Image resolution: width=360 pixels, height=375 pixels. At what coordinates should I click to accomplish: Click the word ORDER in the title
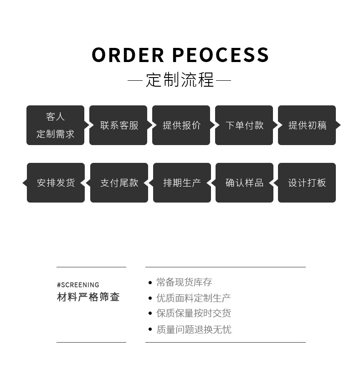(x=128, y=55)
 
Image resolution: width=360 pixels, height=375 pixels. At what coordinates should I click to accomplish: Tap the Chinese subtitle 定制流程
(x=180, y=80)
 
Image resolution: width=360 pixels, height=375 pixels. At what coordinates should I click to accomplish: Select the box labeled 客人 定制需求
(x=55, y=125)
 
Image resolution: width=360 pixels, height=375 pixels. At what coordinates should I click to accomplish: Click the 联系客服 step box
(x=118, y=125)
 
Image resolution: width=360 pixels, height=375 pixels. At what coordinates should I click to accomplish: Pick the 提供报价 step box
(x=181, y=125)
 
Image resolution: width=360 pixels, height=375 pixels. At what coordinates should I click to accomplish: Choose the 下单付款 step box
(x=244, y=125)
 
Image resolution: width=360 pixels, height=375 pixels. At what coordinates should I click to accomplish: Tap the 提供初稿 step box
(x=307, y=125)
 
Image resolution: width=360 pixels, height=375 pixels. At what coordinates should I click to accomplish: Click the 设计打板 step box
(x=307, y=183)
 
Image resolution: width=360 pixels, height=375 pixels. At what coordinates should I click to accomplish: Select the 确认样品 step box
(x=244, y=183)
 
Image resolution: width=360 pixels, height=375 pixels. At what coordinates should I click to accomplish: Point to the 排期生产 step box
(x=182, y=183)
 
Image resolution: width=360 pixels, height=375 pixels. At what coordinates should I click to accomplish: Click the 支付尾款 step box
(x=119, y=183)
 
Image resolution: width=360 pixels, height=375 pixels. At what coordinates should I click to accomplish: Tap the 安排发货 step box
(x=56, y=183)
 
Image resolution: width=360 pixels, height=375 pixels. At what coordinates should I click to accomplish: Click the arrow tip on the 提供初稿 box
(x=339, y=125)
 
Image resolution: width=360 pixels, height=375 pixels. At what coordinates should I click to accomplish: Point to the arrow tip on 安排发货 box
(x=25, y=183)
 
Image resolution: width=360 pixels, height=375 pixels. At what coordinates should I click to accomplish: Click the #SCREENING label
(x=78, y=285)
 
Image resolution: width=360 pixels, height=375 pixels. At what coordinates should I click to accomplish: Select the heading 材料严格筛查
(x=88, y=297)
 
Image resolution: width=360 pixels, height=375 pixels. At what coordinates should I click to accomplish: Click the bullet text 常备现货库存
(x=184, y=282)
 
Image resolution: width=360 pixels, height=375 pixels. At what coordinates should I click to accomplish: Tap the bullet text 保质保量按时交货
(x=193, y=313)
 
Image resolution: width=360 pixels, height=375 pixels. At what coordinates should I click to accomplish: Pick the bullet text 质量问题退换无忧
(x=194, y=329)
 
